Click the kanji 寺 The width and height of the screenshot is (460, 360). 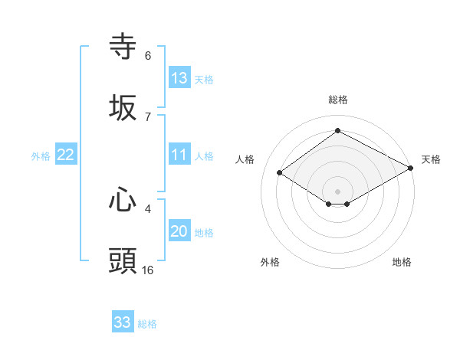pos(123,47)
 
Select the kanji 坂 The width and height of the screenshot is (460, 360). pos(123,108)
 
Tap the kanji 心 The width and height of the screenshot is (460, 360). pos(123,200)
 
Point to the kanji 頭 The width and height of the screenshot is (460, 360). pos(123,261)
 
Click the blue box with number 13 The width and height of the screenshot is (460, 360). pos(179,78)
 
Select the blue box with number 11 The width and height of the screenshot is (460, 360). pos(179,155)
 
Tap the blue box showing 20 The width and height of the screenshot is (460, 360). pos(179,231)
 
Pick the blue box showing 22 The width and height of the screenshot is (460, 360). pos(66,155)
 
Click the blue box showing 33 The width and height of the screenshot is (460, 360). pos(123,322)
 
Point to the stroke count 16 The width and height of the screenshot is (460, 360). pos(148,270)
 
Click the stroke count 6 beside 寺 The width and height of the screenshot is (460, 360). pos(148,56)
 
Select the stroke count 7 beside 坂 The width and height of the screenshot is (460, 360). pos(148,116)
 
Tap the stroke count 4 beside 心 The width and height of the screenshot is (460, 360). pos(148,208)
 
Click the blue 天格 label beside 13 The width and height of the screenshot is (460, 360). pos(203,80)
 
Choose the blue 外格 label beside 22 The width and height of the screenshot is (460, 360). pos(41,156)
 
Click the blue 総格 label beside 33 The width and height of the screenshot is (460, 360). pos(147,324)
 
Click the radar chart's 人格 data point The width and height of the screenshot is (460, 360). pos(280,173)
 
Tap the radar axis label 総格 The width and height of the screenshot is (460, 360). pos(337,100)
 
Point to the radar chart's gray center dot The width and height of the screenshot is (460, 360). pos(337,191)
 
